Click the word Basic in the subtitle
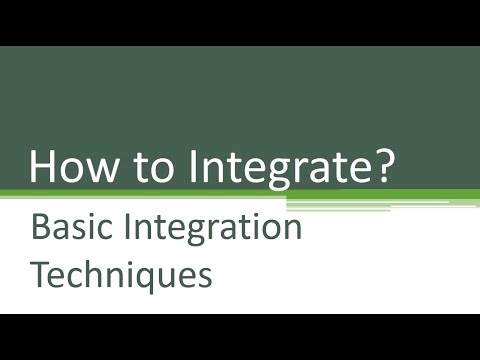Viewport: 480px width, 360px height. pyautogui.click(x=69, y=228)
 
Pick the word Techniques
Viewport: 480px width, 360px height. pyautogui.click(x=122, y=273)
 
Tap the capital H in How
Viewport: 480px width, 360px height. pyautogui.click(x=44, y=165)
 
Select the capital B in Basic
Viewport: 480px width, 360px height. pyautogui.click(x=41, y=228)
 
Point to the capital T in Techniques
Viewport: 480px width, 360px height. pyautogui.click(x=41, y=271)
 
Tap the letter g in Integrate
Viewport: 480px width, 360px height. pyautogui.click(x=261, y=173)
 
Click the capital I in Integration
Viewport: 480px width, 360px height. pyautogui.click(x=124, y=228)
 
